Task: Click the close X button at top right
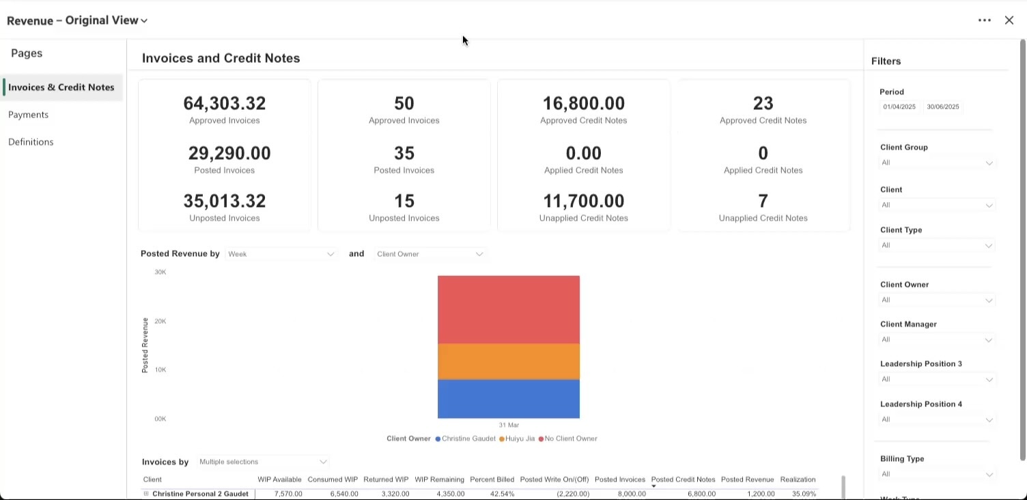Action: (x=1009, y=20)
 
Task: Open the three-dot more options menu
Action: (x=984, y=20)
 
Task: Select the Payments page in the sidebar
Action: (x=28, y=115)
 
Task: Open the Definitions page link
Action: (x=31, y=142)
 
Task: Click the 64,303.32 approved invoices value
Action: (x=224, y=103)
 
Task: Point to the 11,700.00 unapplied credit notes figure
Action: (x=583, y=201)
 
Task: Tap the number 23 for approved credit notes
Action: (x=763, y=103)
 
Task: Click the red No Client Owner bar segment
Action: (x=508, y=309)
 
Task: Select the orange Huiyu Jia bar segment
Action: (x=508, y=361)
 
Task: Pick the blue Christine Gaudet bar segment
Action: (x=508, y=399)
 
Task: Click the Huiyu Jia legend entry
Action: (x=519, y=439)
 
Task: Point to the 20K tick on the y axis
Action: (x=160, y=321)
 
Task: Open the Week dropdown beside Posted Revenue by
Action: (x=281, y=254)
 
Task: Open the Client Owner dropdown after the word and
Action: (x=430, y=254)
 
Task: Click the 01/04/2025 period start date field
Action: (x=899, y=107)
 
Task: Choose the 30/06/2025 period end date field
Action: (x=942, y=107)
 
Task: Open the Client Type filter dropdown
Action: (x=935, y=245)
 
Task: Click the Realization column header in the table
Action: (x=798, y=480)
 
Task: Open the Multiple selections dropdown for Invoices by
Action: (x=263, y=462)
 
